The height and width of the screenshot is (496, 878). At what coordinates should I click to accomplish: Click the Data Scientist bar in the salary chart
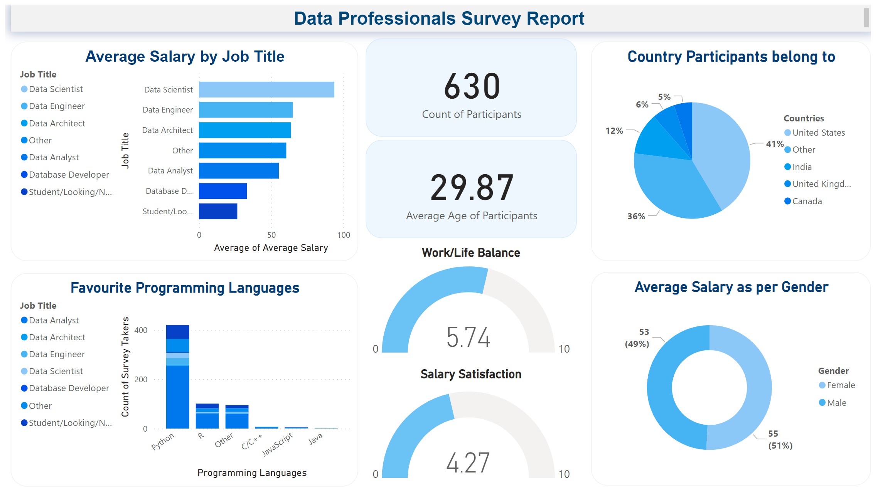point(266,89)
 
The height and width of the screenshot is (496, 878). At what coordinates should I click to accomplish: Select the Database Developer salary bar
point(222,191)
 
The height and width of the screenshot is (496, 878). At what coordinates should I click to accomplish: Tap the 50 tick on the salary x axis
point(271,235)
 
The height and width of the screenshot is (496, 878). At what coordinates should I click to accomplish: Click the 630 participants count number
point(471,86)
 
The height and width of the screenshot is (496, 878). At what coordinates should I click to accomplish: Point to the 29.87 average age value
point(471,188)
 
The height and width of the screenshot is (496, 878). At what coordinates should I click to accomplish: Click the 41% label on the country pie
point(774,144)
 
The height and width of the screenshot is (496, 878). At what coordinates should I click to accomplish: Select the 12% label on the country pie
point(614,131)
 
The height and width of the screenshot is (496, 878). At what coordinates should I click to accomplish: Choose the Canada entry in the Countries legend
point(807,201)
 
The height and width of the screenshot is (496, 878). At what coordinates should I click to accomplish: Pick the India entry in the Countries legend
point(802,167)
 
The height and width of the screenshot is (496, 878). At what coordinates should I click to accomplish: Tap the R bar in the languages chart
point(207,416)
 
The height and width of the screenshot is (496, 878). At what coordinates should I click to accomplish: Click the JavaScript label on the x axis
point(277,444)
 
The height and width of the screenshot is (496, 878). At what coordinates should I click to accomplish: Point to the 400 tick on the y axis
point(141,330)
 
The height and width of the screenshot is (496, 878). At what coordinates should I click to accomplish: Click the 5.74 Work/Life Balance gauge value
point(468,337)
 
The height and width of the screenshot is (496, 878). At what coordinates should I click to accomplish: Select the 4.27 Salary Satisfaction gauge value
point(468,462)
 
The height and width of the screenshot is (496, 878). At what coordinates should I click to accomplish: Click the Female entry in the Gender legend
point(841,385)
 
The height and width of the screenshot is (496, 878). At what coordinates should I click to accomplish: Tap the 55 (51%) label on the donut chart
point(780,440)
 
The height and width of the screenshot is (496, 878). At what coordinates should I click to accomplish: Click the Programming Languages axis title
point(252,473)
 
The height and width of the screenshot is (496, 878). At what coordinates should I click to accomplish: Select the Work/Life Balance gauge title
point(471,253)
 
